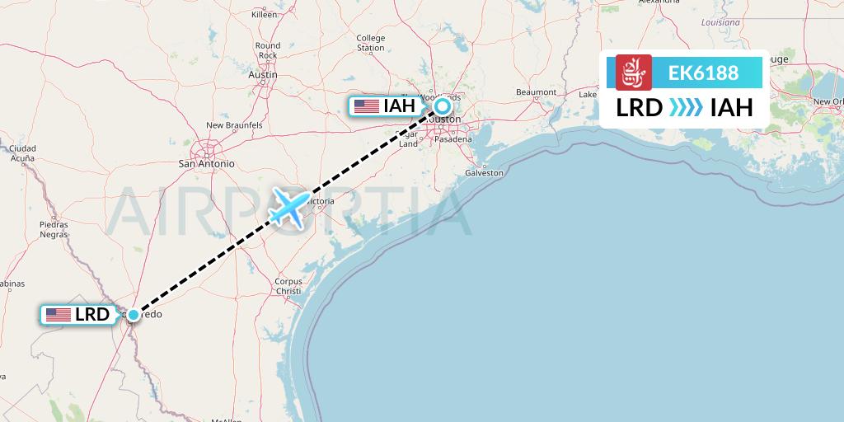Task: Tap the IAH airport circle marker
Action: click(443, 105)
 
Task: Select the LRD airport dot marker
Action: click(133, 314)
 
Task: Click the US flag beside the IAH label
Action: click(366, 105)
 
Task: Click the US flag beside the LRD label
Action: click(58, 314)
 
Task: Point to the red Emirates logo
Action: click(633, 73)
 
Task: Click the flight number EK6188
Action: click(703, 73)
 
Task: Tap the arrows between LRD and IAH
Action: click(686, 108)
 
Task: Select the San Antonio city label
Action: click(207, 163)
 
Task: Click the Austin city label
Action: click(263, 74)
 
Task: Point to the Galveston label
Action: click(484, 173)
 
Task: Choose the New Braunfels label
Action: click(234, 125)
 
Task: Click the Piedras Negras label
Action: click(54, 229)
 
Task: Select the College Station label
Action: click(371, 43)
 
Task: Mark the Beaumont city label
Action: click(536, 91)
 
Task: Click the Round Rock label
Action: click(268, 50)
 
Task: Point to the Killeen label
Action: click(265, 15)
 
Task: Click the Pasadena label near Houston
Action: click(454, 139)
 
